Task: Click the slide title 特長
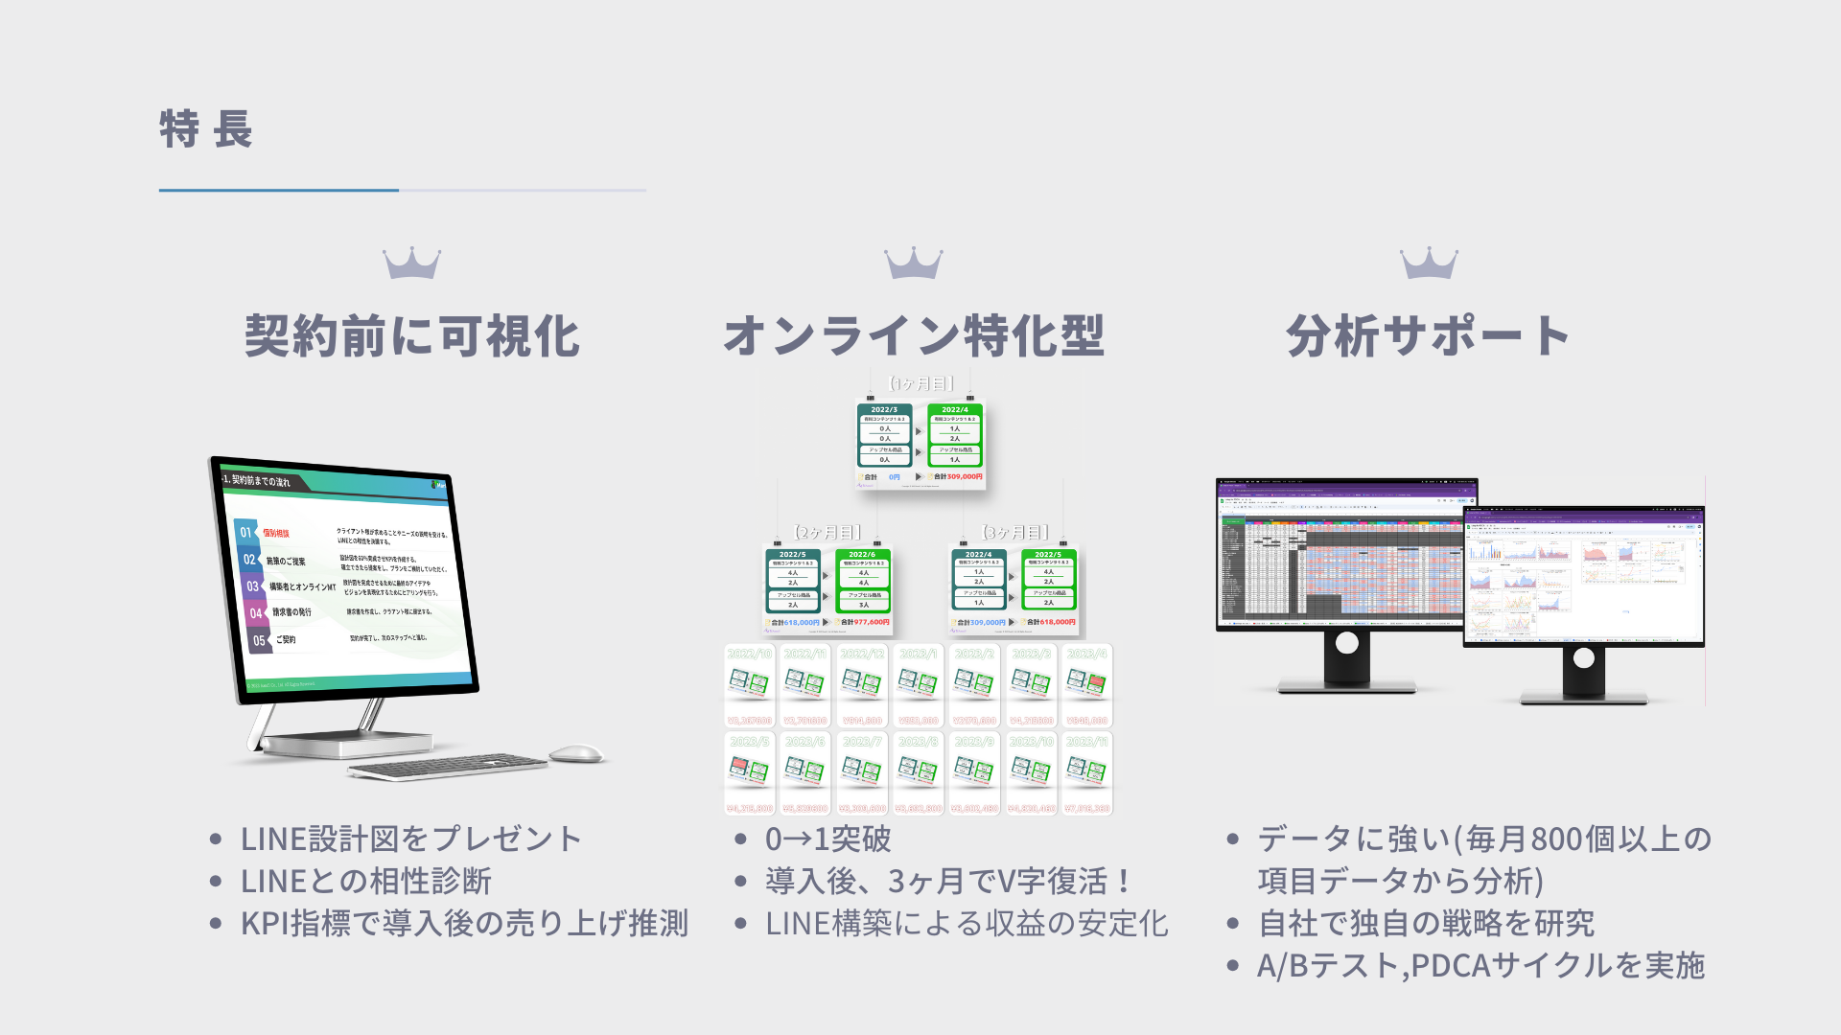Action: pos(205,129)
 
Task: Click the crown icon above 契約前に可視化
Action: pos(411,264)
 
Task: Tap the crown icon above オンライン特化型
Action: pos(913,264)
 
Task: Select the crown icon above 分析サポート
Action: pos(1429,264)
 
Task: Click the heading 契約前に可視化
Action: pos(412,336)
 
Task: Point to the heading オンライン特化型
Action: pos(914,336)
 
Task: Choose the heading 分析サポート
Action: pos(1428,336)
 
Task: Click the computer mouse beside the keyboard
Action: pos(575,753)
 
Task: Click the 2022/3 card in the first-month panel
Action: pos(884,435)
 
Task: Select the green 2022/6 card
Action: pos(863,580)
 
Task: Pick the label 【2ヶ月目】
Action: pos(827,532)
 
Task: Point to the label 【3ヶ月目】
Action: pos(1015,532)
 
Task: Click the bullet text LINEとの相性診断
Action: pos(366,881)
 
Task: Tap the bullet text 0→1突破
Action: pos(828,839)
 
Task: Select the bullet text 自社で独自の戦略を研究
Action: pos(1426,923)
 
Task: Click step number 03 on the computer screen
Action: pos(252,586)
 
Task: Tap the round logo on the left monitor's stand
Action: pos(1346,643)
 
